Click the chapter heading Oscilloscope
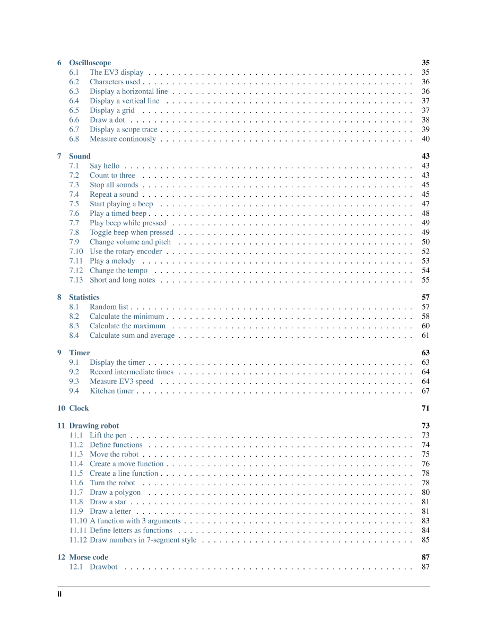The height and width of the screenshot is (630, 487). (90, 63)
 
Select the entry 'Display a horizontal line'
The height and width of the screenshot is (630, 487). (128, 91)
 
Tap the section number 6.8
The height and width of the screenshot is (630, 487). (74, 139)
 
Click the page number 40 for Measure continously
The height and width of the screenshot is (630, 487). (425, 139)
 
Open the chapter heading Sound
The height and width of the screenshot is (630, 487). (80, 156)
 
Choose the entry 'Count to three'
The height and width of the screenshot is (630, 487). (112, 175)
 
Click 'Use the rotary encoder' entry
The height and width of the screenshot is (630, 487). (126, 251)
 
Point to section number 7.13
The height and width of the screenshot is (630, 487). (76, 280)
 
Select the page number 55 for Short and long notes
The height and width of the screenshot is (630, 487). (425, 280)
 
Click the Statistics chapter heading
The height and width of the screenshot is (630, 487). (84, 297)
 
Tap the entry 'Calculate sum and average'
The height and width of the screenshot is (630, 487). (132, 335)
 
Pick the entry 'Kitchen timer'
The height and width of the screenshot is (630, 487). (111, 391)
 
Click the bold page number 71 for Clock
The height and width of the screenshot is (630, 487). (425, 408)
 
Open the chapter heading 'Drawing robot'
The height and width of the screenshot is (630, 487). (94, 425)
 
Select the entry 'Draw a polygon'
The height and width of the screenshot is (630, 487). (115, 492)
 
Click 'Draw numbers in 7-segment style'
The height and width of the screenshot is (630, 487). (143, 540)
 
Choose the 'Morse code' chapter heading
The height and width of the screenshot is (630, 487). (88, 557)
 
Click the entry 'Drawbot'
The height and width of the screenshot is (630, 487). (103, 567)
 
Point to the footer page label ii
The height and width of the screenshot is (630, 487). (59, 594)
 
